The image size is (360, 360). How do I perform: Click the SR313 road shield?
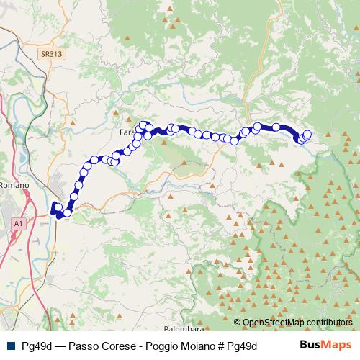tap(51, 54)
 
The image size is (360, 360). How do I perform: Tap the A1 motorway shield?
tap(17, 225)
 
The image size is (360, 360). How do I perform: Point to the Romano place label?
tap(14, 185)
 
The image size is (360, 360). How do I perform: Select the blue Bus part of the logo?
tap(310, 345)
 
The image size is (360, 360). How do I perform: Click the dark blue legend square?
tap(10, 346)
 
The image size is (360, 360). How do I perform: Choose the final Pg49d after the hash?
tap(242, 346)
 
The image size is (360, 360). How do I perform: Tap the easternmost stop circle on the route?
tap(307, 134)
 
